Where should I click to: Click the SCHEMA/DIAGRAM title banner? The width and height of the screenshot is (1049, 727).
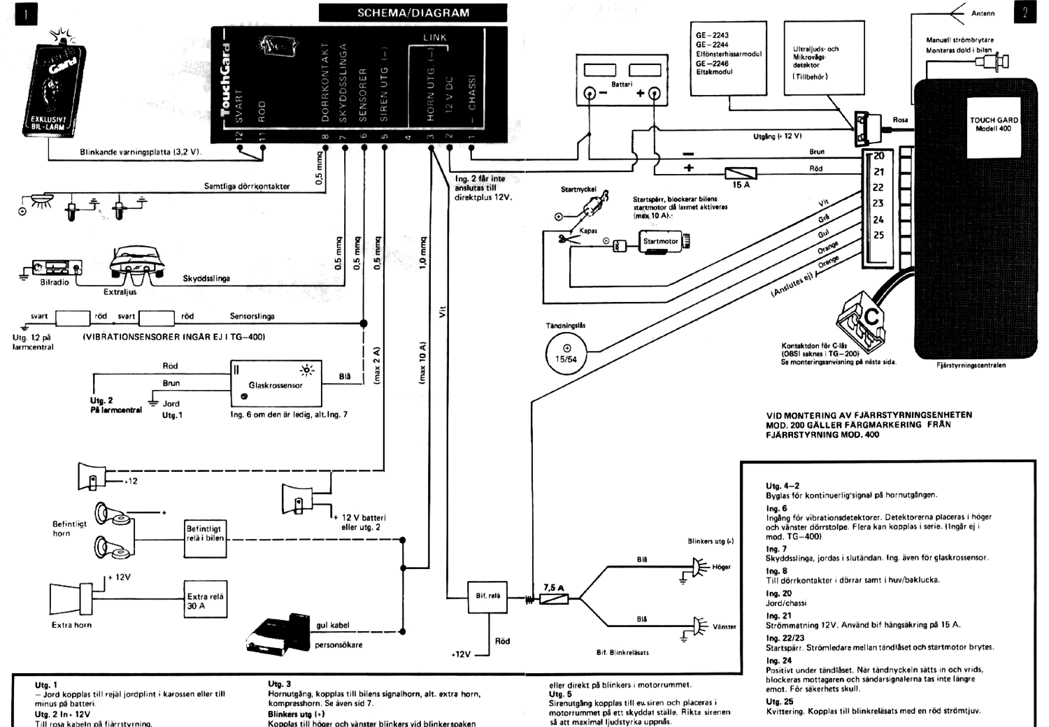[413, 13]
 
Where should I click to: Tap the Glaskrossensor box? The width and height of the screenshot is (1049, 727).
[276, 384]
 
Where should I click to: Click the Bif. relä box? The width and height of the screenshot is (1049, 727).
[487, 596]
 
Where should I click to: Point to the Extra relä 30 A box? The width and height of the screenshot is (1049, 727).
[205, 600]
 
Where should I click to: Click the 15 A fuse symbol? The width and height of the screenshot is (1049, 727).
[740, 172]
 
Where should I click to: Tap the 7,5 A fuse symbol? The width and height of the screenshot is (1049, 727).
[554, 599]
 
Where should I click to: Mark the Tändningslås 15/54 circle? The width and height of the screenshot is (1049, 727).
[566, 352]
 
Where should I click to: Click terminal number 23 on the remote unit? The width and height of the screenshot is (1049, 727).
[878, 203]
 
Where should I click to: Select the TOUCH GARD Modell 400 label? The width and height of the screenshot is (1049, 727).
[993, 124]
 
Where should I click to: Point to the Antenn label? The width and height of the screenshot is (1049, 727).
[983, 13]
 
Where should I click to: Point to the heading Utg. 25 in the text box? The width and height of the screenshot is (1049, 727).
[779, 701]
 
